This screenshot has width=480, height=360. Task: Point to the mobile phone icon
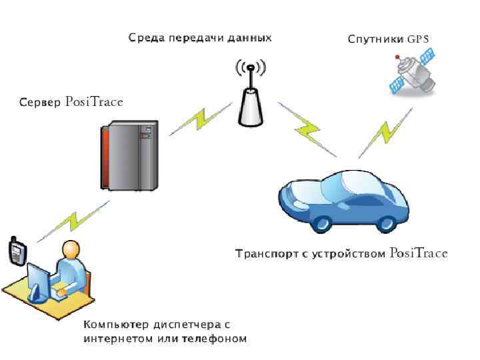pos(17,251)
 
